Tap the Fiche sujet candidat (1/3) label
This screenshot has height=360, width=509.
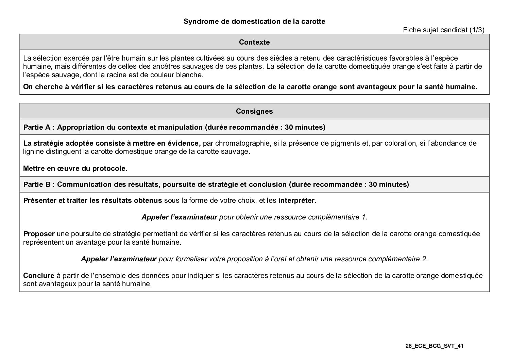[x=443, y=30]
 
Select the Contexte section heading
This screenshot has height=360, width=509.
[x=254, y=42]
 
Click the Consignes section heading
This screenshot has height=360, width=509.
[x=254, y=111]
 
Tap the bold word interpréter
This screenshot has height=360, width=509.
[x=297, y=200]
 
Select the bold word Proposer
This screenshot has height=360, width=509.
[x=39, y=234]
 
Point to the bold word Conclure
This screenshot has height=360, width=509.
[x=38, y=276]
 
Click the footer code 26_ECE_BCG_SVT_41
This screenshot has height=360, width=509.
[x=435, y=346]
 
